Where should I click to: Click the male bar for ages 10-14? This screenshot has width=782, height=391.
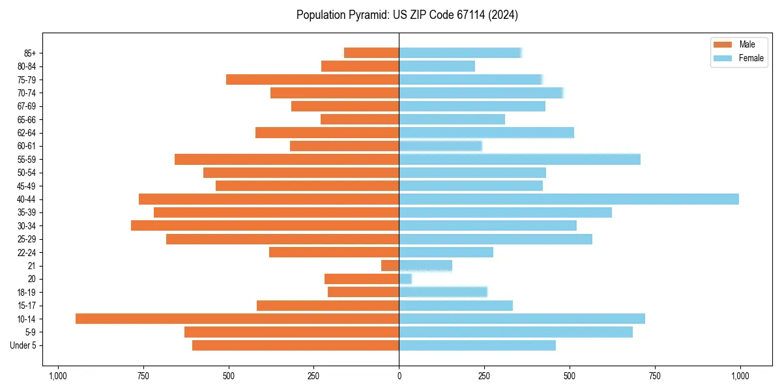[237, 319]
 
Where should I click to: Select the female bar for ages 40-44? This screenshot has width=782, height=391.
[569, 199]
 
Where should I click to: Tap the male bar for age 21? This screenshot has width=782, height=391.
[390, 265]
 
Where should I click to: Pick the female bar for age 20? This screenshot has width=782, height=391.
[405, 279]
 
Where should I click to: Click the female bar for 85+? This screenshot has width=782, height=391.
[460, 53]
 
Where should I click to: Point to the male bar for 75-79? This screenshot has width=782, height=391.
[313, 80]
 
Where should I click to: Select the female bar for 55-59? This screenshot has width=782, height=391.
[519, 159]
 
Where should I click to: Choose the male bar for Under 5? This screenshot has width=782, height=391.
[296, 345]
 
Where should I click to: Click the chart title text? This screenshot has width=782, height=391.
[407, 15]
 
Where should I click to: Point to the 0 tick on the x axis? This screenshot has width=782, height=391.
[399, 376]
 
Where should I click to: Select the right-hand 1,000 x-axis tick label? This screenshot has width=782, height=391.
[740, 376]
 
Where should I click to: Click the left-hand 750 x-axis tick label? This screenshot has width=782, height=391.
[143, 376]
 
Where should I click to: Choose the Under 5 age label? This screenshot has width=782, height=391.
[23, 345]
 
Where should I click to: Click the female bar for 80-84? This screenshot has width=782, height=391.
[437, 66]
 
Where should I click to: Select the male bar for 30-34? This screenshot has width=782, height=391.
[265, 225]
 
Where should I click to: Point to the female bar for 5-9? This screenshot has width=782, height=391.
[515, 332]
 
